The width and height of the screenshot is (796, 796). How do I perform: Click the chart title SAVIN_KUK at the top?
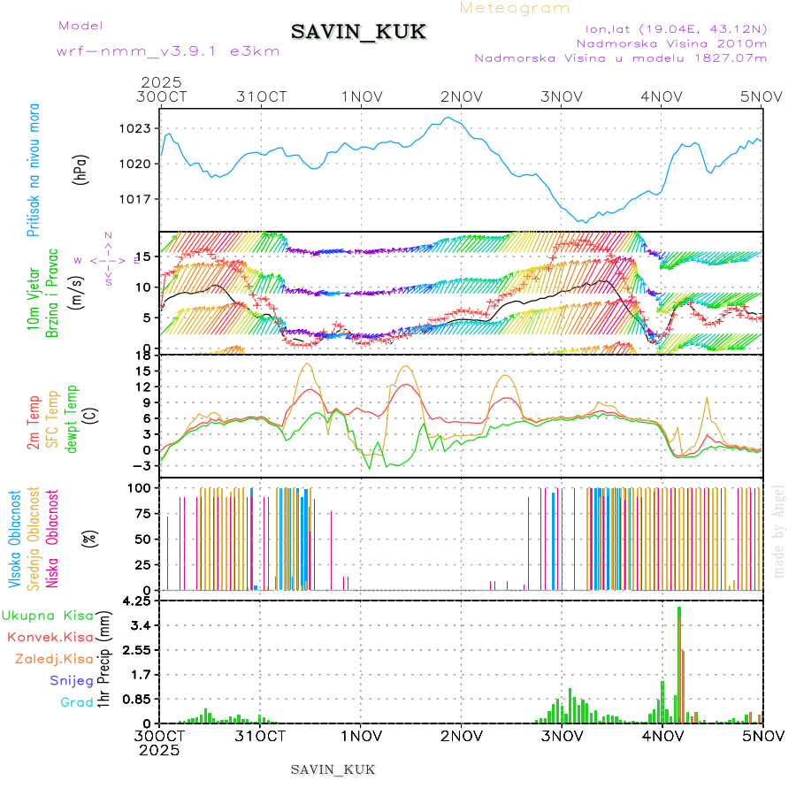coord(358,32)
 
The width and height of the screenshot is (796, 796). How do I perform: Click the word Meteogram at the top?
coord(516,8)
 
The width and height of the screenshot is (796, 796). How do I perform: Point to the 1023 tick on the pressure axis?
coord(136,128)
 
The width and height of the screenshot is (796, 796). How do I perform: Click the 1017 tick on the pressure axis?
coord(136,198)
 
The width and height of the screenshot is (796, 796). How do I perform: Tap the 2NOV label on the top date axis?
coord(462,96)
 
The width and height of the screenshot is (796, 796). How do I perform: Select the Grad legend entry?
coord(76,702)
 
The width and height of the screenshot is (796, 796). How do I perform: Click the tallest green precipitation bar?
coord(678,663)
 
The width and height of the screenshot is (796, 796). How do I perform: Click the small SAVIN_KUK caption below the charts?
coord(333,769)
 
